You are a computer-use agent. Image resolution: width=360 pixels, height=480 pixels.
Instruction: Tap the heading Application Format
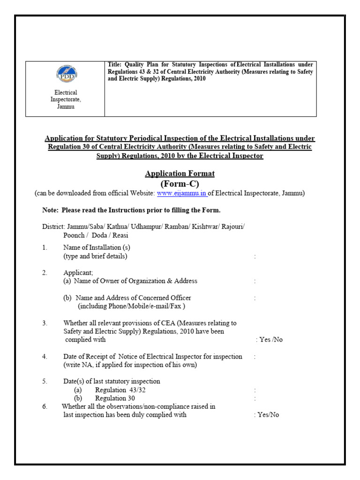(180, 173)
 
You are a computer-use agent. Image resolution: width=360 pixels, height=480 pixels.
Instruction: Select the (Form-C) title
(180, 184)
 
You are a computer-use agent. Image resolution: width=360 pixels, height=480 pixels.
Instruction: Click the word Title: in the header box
(115, 65)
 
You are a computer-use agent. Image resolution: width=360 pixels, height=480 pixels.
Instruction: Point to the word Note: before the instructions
(50, 210)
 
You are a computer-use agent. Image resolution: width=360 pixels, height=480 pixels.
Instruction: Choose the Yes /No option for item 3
(270, 340)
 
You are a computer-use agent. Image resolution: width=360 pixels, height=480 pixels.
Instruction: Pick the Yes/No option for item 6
(269, 415)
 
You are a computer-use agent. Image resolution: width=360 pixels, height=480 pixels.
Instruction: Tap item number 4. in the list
(45, 357)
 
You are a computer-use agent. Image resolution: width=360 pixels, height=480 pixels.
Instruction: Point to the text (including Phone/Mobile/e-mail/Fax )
(131, 306)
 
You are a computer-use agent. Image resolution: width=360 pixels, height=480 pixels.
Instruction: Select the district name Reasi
(119, 235)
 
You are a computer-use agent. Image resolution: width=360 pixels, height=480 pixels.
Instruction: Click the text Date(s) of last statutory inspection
(112, 381)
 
